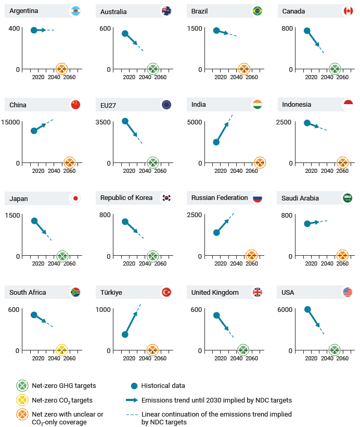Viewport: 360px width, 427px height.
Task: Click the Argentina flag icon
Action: pos(75,11)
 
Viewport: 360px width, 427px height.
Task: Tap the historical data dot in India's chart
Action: pos(216,142)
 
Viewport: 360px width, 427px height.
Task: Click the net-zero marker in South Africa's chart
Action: pos(61,350)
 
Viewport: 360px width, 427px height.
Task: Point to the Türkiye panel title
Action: pos(111,292)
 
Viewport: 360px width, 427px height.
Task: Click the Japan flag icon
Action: pos(75,198)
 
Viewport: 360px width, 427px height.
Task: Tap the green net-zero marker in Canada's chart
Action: pos(335,69)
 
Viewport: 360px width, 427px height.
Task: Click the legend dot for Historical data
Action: pos(134,386)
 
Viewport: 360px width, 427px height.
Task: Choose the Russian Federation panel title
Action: pos(219,198)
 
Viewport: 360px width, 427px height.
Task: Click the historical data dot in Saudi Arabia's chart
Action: pos(307,224)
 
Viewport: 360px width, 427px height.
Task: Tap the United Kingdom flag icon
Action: pos(257,292)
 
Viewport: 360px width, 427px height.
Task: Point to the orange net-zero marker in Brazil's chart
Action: pos(243,69)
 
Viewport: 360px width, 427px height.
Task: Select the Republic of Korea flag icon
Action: pos(166,198)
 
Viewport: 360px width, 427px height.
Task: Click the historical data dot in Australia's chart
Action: pos(125,34)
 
